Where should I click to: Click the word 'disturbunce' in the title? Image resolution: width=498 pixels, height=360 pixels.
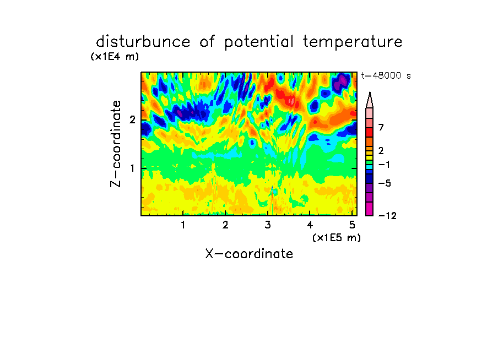click(143, 42)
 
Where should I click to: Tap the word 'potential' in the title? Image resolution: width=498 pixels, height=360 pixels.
click(259, 42)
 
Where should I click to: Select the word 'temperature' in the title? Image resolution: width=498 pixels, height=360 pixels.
click(353, 42)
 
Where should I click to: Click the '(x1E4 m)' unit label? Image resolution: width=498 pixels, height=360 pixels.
click(115, 57)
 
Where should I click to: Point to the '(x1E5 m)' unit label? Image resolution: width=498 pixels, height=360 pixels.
click(337, 238)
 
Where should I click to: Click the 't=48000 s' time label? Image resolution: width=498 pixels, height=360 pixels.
click(386, 76)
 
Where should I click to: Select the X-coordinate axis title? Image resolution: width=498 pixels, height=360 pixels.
click(249, 254)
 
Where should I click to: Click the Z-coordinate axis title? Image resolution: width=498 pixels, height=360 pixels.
click(116, 144)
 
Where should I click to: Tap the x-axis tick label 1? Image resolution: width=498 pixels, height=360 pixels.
click(183, 225)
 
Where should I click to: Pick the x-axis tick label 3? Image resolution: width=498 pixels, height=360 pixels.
click(268, 225)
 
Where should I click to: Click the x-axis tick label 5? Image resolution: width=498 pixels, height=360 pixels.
click(352, 225)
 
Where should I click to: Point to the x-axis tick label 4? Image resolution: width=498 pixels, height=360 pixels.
click(310, 225)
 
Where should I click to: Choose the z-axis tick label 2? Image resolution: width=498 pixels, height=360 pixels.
click(132, 120)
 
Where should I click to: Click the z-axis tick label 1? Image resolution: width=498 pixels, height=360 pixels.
click(132, 168)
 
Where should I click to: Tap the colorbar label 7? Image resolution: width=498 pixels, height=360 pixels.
click(381, 128)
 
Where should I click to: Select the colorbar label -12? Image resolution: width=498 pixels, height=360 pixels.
click(387, 216)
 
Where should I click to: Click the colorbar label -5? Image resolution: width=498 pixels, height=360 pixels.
click(385, 183)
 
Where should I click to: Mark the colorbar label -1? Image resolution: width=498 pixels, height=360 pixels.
click(384, 165)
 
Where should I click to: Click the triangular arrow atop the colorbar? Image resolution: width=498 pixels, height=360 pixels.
click(370, 100)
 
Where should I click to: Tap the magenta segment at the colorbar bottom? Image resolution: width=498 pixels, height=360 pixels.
click(370, 209)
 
